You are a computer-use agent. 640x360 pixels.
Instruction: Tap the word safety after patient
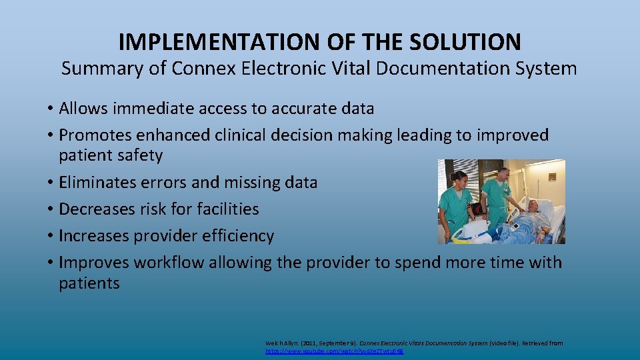[x=138, y=155]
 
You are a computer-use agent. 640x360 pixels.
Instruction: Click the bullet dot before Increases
[x=51, y=236]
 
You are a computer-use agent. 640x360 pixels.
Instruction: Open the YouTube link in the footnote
[x=334, y=350]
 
